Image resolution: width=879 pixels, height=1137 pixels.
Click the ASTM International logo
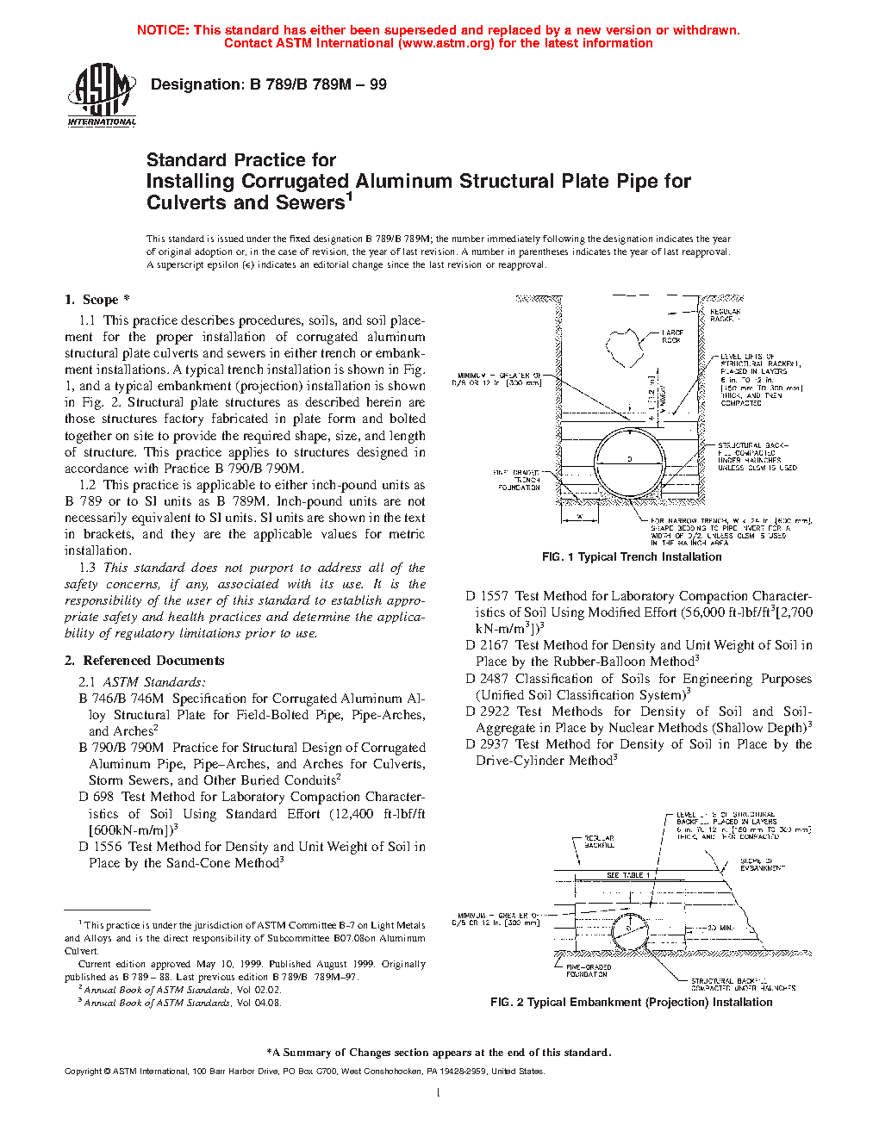click(102, 96)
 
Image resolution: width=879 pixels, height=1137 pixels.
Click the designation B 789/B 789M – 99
click(268, 84)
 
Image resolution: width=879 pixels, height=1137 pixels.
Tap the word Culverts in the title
click(186, 203)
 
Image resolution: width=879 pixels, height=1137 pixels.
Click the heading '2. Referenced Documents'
click(144, 661)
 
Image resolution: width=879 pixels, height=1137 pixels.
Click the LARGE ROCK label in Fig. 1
click(672, 336)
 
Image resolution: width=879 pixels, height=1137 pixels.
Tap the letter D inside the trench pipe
click(629, 459)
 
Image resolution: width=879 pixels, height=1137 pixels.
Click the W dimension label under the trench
click(580, 516)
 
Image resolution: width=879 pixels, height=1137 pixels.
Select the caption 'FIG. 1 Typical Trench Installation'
click(632, 557)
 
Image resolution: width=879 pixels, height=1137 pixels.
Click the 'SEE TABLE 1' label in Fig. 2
click(628, 875)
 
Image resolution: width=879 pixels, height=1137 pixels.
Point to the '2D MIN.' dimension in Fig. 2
click(720, 929)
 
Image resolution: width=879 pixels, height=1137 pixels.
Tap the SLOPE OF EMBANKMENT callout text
click(762, 864)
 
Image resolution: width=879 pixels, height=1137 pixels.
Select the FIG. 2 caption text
click(631, 1003)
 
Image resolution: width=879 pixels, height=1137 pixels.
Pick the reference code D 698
click(97, 798)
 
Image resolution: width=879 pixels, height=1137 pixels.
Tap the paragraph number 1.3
click(87, 568)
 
